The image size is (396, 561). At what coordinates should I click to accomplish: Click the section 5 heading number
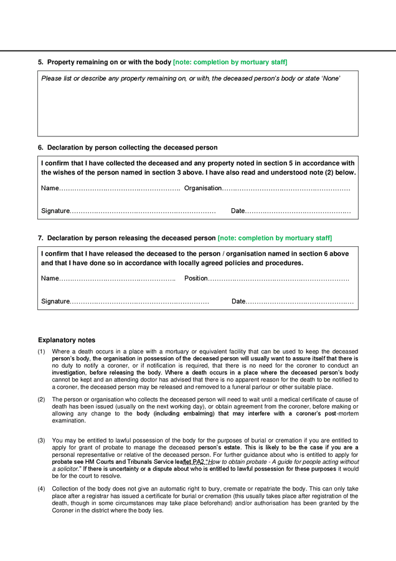click(40, 62)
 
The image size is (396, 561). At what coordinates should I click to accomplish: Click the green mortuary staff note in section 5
click(230, 62)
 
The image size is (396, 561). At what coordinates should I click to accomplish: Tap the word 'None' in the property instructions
click(330, 79)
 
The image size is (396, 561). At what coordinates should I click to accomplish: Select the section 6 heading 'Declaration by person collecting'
click(132, 148)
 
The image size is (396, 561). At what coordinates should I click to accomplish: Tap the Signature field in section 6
click(143, 211)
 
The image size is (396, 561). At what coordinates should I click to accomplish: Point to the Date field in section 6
click(298, 211)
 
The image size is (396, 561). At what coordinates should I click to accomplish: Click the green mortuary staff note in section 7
click(275, 238)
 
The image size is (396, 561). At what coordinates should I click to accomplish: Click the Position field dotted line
click(278, 279)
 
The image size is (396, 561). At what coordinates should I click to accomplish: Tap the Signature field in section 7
click(139, 302)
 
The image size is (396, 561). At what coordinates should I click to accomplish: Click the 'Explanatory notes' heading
click(67, 340)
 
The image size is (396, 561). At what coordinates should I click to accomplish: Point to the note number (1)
click(41, 352)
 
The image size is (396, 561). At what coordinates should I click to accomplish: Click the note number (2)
click(41, 400)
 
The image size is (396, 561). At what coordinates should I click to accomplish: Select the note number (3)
click(41, 441)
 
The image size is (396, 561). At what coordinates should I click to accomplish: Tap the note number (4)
click(41, 488)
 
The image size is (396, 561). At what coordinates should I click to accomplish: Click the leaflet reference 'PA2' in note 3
click(198, 462)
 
